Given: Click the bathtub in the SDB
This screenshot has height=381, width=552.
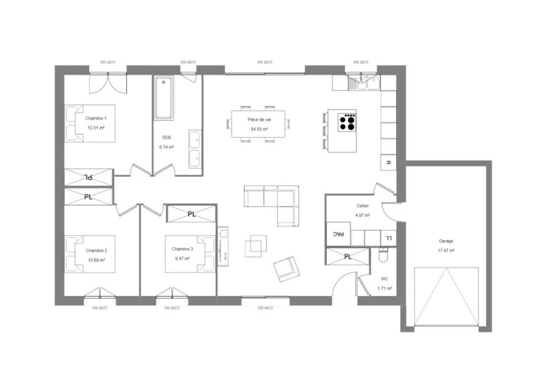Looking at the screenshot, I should [x=164, y=99].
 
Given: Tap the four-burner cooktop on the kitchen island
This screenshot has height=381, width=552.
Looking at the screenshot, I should [x=348, y=122].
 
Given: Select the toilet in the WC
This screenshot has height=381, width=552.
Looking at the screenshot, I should [x=385, y=256].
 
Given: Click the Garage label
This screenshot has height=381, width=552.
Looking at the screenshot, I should [x=447, y=241].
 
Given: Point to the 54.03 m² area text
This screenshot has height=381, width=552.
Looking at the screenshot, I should [x=259, y=129].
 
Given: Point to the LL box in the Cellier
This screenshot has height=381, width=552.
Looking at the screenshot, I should [x=389, y=238].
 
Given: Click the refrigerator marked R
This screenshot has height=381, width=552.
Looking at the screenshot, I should [x=388, y=163].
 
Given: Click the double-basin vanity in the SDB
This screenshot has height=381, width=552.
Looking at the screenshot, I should [x=195, y=148].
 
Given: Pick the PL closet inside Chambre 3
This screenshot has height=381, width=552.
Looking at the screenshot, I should [x=192, y=213].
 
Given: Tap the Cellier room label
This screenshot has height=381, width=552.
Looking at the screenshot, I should [x=362, y=206].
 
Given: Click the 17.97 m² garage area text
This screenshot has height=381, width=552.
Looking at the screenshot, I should [x=447, y=251].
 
